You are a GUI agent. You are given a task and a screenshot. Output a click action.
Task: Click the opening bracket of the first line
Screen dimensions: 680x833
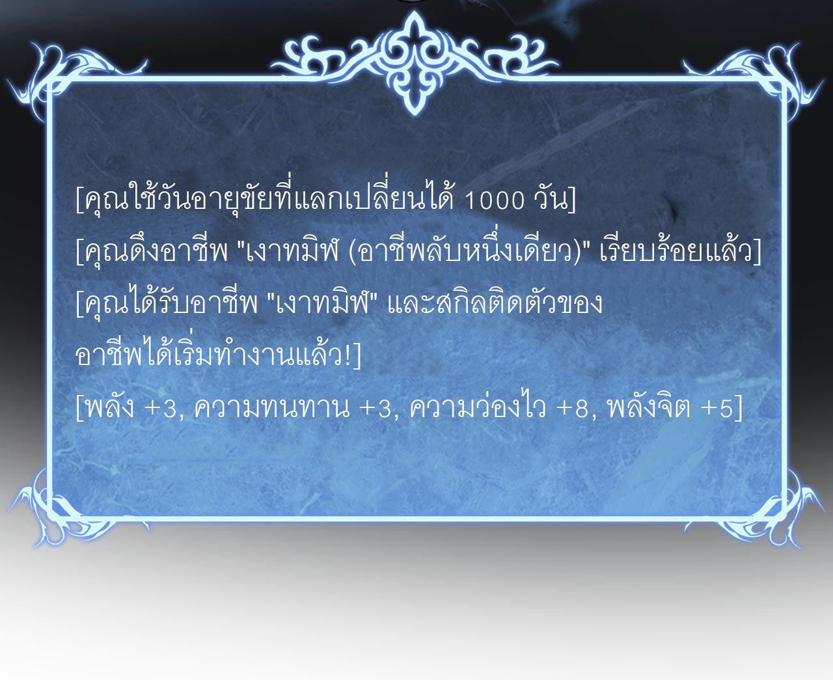[x=79, y=201]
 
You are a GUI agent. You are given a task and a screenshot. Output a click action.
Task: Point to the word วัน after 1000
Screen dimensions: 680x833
[x=550, y=201]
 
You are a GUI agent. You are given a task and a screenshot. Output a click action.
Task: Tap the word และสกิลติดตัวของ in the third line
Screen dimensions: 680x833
[x=495, y=304]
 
